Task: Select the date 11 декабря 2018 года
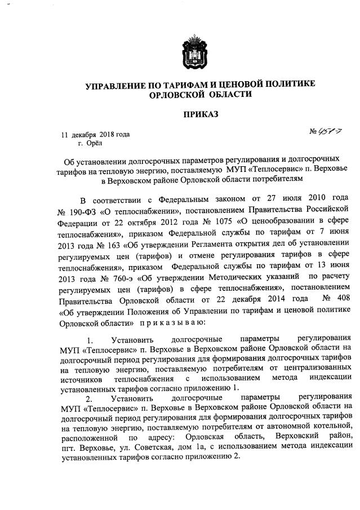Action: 95,134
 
